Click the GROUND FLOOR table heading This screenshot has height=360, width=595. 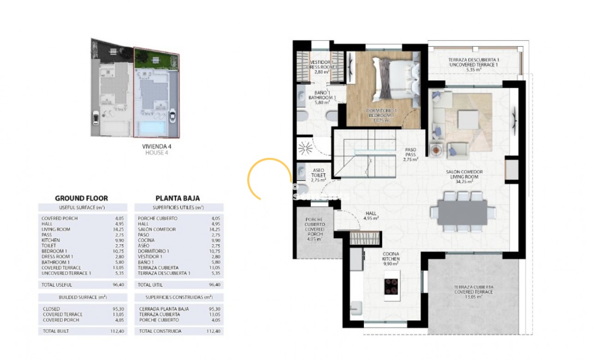[x=81, y=198]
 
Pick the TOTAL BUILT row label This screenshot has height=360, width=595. [x=56, y=331]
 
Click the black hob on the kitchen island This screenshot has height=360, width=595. [x=392, y=287]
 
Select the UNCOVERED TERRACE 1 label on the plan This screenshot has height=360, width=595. [x=474, y=65]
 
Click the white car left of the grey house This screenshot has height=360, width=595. [x=96, y=119]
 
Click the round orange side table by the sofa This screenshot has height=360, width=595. [x=436, y=150]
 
